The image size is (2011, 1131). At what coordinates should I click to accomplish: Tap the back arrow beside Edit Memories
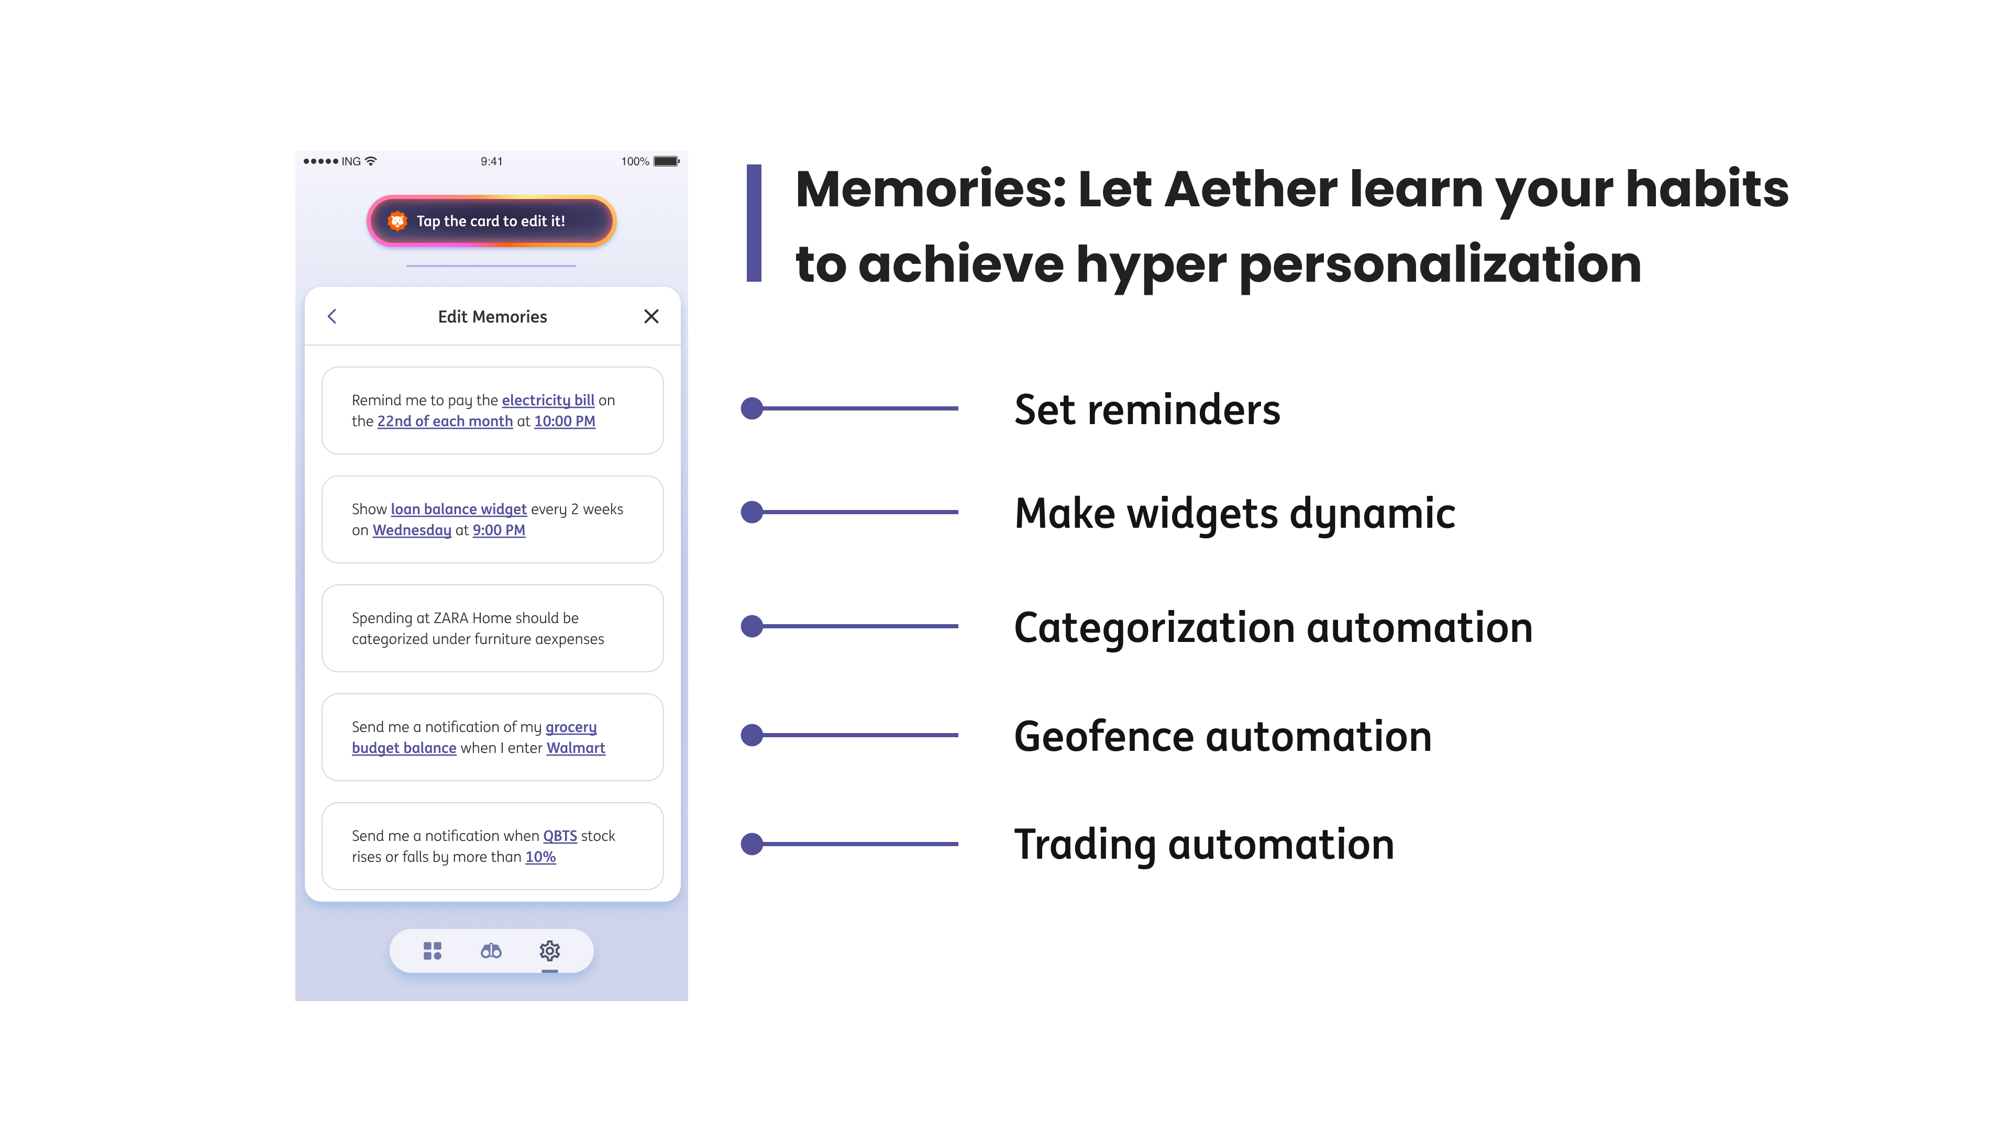pyautogui.click(x=332, y=316)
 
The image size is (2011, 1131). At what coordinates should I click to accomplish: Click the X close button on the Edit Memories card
pyautogui.click(x=651, y=316)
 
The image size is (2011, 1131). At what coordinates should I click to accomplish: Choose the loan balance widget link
pyautogui.click(x=459, y=509)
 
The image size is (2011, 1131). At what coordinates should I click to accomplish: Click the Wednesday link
pyautogui.click(x=412, y=530)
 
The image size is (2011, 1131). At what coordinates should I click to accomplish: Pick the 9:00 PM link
pyautogui.click(x=499, y=530)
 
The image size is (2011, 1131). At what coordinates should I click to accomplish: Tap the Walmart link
pyautogui.click(x=576, y=748)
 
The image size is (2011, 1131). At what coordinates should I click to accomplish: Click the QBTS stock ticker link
pyautogui.click(x=560, y=836)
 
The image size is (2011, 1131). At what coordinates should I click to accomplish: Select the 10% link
pyautogui.click(x=540, y=857)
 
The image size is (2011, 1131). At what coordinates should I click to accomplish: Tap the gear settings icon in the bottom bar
pyautogui.click(x=549, y=951)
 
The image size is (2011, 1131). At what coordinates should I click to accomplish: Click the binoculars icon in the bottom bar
pyautogui.click(x=491, y=951)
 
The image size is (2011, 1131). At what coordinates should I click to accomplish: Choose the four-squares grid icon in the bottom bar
pyautogui.click(x=433, y=951)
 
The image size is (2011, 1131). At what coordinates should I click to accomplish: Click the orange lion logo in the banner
pyautogui.click(x=397, y=221)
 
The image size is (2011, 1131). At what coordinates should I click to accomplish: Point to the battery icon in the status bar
pyautogui.click(x=667, y=162)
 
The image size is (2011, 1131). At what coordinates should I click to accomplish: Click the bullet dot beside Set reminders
pyautogui.click(x=752, y=408)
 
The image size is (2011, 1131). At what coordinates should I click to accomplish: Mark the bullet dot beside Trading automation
pyautogui.click(x=752, y=844)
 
